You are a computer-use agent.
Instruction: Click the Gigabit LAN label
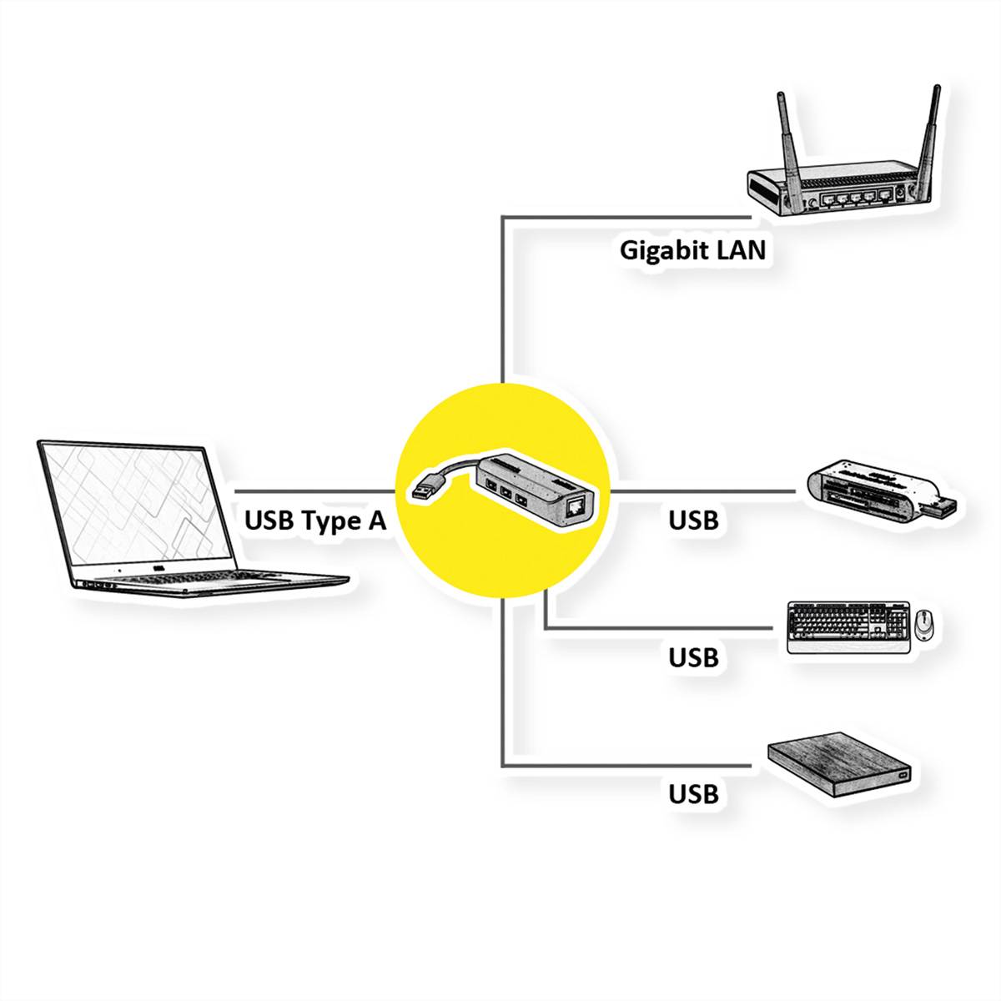(692, 250)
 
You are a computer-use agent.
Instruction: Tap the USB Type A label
(315, 521)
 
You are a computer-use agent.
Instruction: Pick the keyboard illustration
(847, 626)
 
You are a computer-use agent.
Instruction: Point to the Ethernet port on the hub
(575, 506)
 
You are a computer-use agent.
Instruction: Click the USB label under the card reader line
(693, 521)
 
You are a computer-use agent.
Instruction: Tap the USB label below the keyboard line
(693, 657)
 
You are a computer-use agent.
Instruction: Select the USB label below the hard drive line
(693, 794)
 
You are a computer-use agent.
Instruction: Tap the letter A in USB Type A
(376, 521)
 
